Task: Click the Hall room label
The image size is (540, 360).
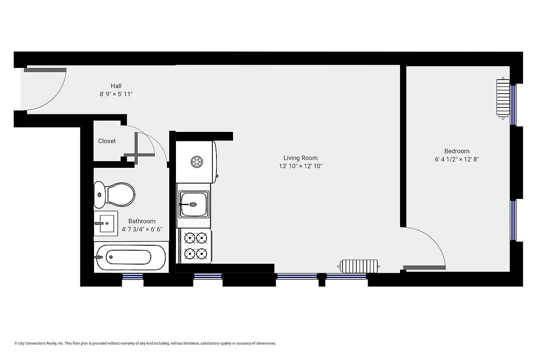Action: tap(116, 86)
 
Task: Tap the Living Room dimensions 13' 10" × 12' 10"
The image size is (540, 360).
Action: tap(300, 166)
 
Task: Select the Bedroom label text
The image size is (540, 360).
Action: tap(456, 151)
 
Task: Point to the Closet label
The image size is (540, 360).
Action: tap(107, 141)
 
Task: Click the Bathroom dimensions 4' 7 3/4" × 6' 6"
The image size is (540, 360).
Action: tap(142, 229)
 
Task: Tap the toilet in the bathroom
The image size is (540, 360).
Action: tap(115, 195)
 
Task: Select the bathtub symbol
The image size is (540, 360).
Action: tap(130, 257)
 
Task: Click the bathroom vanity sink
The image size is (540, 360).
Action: tap(106, 223)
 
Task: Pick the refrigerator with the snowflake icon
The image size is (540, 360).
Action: tap(196, 162)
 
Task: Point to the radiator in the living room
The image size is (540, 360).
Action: tap(360, 266)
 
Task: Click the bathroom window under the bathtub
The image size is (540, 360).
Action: tap(133, 276)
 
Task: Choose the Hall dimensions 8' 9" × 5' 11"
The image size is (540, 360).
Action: tap(116, 94)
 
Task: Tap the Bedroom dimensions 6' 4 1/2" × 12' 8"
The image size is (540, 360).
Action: tap(456, 159)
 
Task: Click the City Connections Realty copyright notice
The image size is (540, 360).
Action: tap(145, 343)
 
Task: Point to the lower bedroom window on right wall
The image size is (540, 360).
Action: tap(513, 220)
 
